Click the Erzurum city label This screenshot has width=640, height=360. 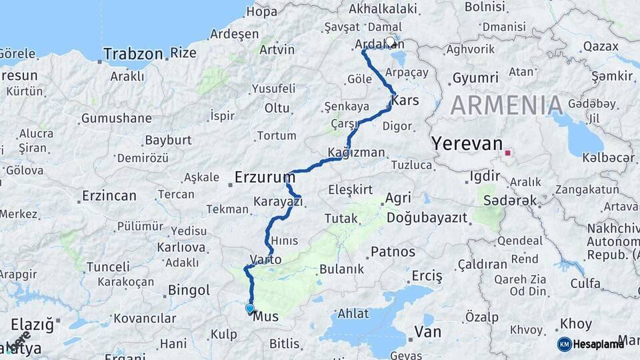click(265, 177)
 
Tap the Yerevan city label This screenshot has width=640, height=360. click(466, 143)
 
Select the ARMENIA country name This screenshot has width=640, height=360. click(507, 105)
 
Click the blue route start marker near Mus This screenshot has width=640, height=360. click(250, 308)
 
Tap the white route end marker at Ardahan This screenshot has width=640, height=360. click(391, 41)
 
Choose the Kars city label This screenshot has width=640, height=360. click(405, 101)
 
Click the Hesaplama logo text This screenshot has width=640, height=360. click(598, 344)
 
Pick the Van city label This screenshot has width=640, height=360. click(427, 331)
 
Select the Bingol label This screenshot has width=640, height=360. click(189, 290)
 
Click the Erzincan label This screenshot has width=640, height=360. click(109, 196)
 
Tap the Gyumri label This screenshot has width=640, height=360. click(475, 78)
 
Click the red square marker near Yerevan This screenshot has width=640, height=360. click(507, 153)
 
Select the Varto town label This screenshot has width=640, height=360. click(265, 259)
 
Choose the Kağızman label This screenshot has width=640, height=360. click(356, 152)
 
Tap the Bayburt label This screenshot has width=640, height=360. click(168, 140)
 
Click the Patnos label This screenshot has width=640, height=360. click(393, 252)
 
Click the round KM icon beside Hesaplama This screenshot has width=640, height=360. click(564, 344)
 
